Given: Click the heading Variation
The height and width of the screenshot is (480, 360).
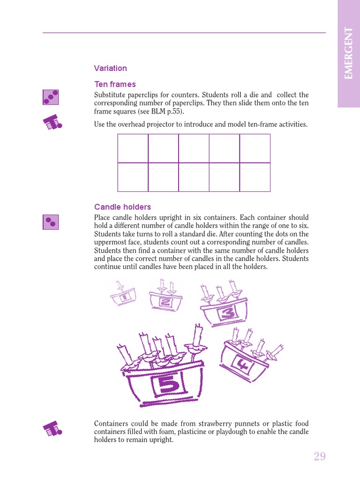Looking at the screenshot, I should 110,68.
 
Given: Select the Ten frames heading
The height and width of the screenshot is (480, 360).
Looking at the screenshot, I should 115,84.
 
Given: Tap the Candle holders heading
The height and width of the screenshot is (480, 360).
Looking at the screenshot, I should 122,207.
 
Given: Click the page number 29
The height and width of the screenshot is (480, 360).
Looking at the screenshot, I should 320,457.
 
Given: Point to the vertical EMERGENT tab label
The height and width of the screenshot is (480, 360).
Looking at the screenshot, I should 348,53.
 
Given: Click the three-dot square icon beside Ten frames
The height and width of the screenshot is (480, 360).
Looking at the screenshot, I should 51,97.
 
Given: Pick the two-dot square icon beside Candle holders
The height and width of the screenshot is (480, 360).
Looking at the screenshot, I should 51,222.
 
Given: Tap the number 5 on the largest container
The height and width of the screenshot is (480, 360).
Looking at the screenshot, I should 167,385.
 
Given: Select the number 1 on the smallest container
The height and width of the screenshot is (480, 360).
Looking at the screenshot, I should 125,297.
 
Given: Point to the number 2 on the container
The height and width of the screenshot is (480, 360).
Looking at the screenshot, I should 165,302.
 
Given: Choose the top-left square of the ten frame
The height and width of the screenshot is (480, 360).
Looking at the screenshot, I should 133,148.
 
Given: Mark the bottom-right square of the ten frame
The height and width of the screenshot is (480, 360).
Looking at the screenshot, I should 255,177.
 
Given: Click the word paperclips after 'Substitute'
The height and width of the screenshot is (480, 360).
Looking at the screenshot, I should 141,95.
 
